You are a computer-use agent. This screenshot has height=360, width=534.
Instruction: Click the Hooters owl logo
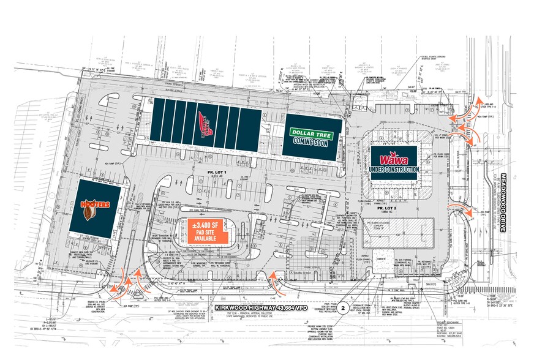[89, 212]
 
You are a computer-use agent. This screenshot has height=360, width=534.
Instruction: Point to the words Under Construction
[394, 168]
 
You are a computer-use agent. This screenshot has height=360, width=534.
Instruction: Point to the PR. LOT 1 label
[217, 173]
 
